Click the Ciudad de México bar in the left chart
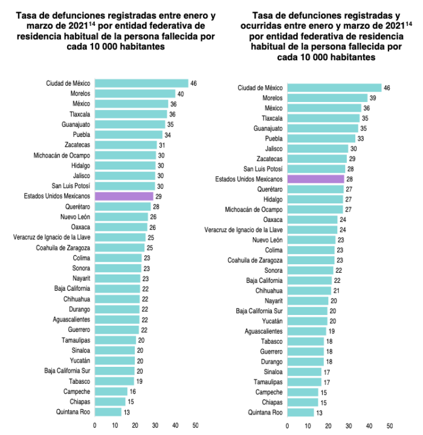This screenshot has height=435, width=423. tap(141, 83)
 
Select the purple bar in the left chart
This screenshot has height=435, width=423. tap(124, 196)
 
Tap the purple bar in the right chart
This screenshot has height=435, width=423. tap(315, 179)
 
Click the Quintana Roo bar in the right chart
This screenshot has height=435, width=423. tap(300, 413)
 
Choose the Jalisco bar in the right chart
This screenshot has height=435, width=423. tap(317, 148)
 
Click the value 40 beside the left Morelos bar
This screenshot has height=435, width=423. tap(180, 94)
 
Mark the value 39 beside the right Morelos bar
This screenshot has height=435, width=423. tap(372, 98)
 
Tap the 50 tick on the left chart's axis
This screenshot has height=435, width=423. tap(195, 425)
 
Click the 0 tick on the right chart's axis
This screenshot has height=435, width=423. tap(287, 425)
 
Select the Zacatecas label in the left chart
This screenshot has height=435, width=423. tap(77, 145)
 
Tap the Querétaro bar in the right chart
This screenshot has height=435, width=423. tap(314, 189)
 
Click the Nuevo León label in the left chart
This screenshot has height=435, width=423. tap(75, 217)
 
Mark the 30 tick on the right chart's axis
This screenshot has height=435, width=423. tap(349, 425)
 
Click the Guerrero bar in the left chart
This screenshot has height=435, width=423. tap(117, 329)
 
